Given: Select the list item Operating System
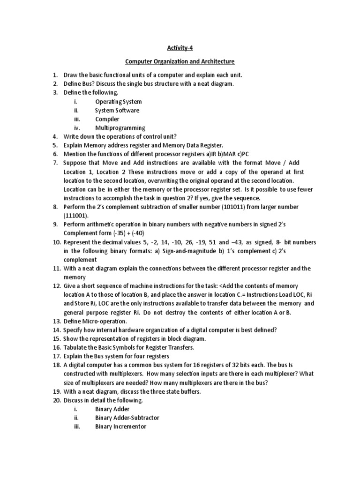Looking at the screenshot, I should click(x=119, y=101).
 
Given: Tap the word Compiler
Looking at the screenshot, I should click(x=107, y=119).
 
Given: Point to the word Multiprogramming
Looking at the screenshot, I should click(x=120, y=127).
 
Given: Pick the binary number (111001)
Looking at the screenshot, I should click(x=79, y=216).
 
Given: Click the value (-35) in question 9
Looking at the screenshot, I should click(x=132, y=233).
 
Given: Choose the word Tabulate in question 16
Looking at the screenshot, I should click(x=77, y=347).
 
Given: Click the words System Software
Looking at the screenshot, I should click(x=117, y=110).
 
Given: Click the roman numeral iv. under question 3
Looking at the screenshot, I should click(x=77, y=127).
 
